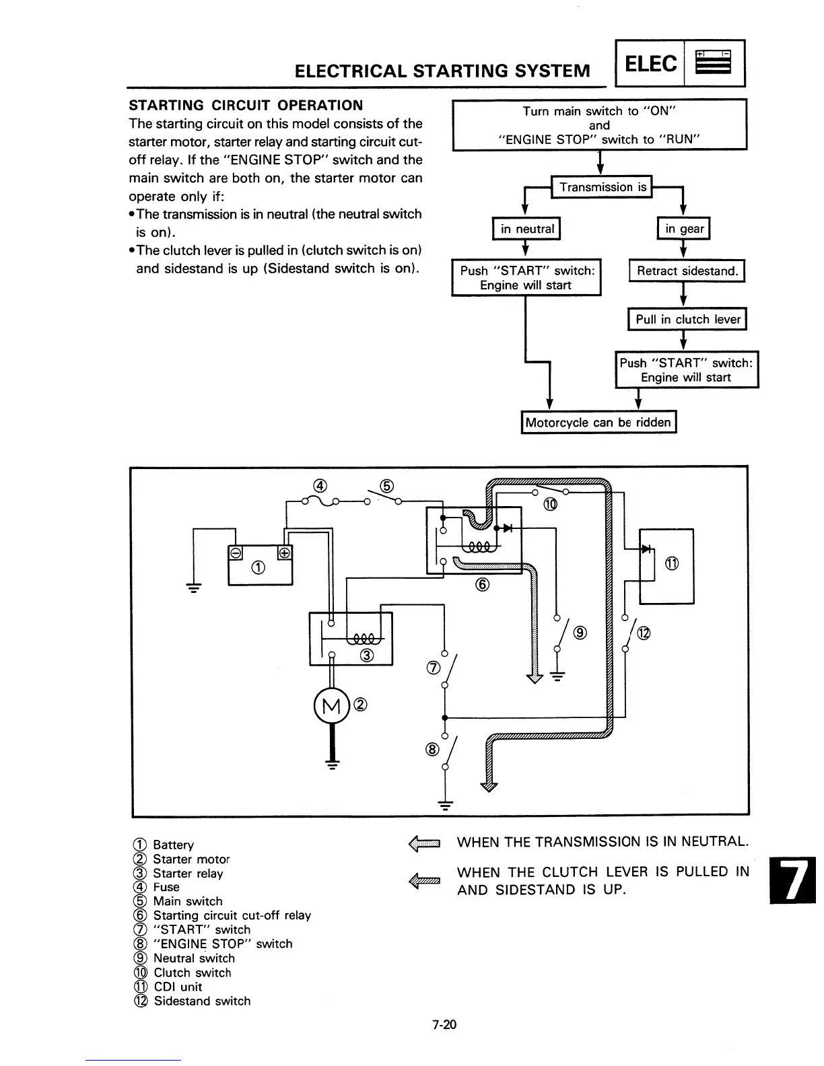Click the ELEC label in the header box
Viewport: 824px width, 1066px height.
tap(651, 64)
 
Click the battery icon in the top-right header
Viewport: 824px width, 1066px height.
tap(714, 64)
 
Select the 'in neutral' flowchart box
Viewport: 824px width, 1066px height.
tap(527, 229)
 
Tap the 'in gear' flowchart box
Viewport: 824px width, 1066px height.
tap(684, 229)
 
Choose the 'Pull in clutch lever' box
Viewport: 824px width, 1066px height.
tap(687, 320)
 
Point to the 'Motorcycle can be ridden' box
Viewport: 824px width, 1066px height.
tap(598, 423)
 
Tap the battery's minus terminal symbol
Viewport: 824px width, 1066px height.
tap(236, 553)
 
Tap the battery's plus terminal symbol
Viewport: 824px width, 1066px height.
tap(284, 553)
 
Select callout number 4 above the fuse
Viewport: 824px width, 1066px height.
tap(320, 486)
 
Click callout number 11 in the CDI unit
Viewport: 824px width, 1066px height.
tap(671, 564)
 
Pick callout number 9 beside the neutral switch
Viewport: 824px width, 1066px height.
tap(580, 633)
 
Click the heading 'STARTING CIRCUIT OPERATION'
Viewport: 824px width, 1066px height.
tap(246, 105)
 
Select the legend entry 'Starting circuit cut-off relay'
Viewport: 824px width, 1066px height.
tap(232, 915)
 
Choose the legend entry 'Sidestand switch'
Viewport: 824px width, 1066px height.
tap(202, 1001)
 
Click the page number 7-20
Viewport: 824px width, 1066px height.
tap(444, 1025)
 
